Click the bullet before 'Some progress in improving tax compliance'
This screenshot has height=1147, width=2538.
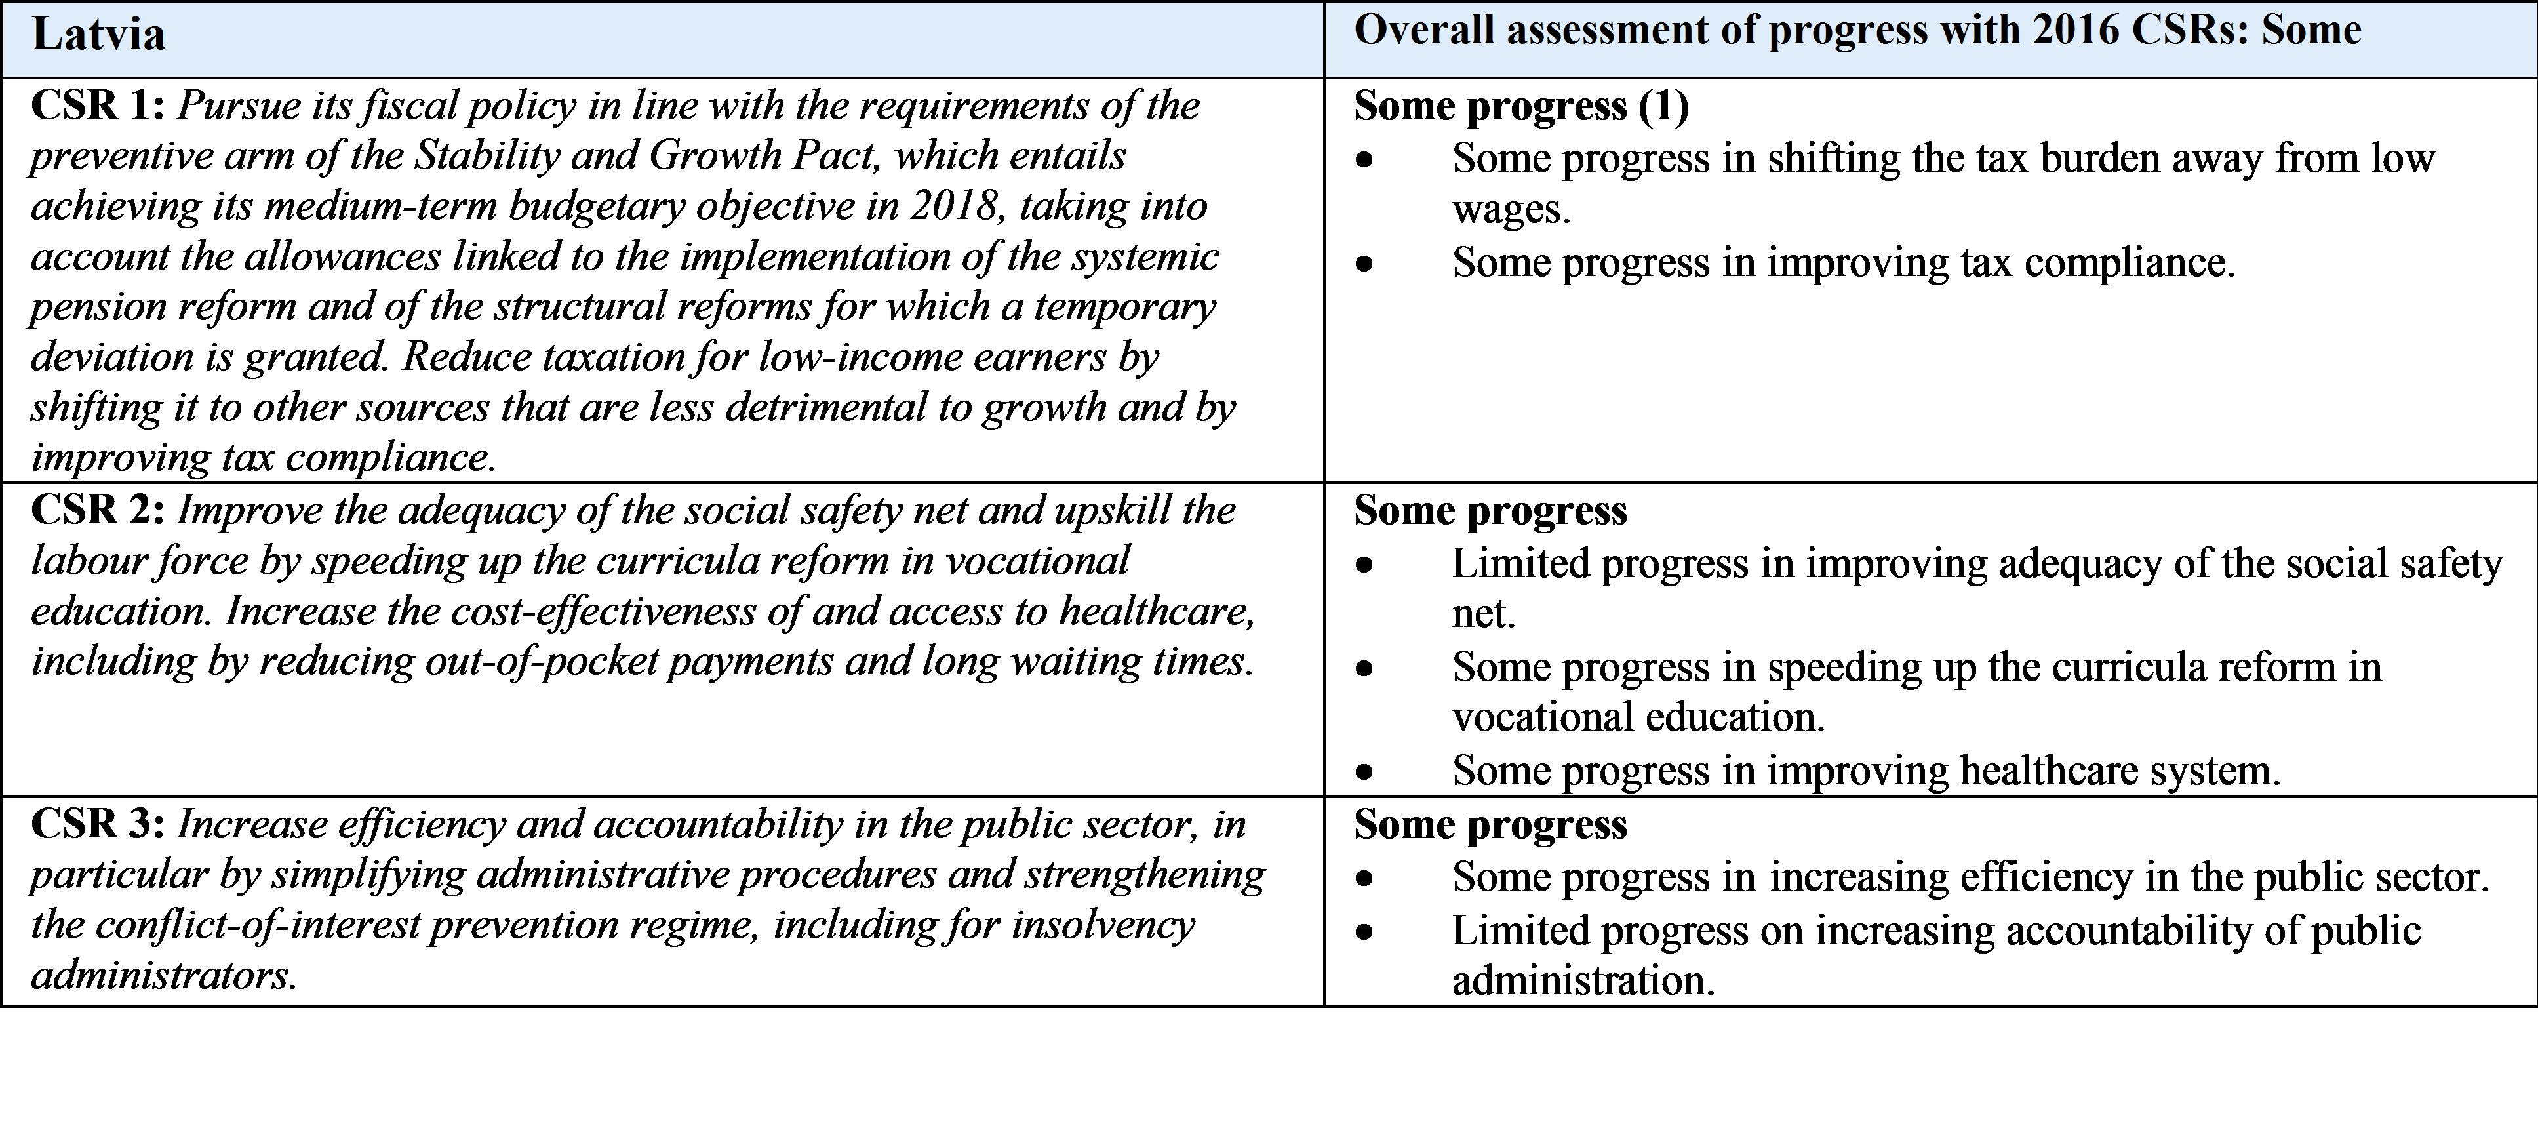1364,263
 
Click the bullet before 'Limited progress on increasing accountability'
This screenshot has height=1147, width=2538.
1364,931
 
